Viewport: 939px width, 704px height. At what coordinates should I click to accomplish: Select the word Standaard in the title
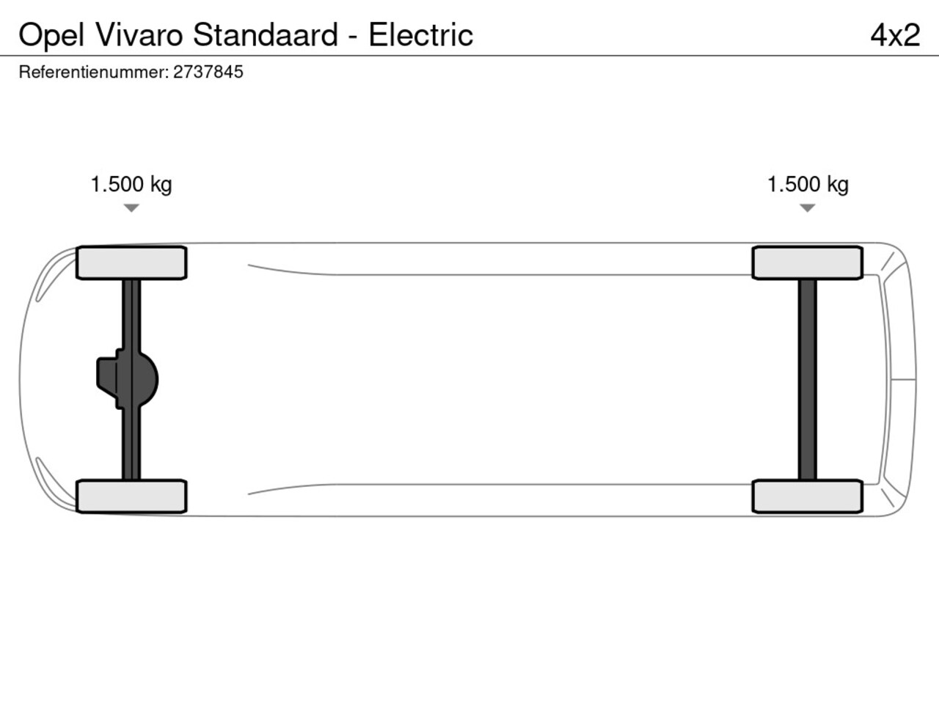[266, 35]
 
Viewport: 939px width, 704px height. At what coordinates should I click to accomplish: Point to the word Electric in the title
[420, 35]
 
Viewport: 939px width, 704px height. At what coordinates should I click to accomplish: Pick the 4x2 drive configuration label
[895, 35]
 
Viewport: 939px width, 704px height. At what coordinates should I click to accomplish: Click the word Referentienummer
[93, 72]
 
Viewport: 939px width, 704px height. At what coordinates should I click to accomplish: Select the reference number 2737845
[208, 72]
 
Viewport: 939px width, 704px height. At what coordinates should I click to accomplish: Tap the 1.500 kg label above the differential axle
[131, 184]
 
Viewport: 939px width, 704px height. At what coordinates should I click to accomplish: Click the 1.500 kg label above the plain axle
[808, 184]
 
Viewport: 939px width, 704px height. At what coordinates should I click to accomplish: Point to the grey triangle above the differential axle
[131, 208]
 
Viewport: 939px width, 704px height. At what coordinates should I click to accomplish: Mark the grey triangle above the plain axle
[808, 208]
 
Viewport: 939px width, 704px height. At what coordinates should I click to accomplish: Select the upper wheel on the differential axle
[131, 263]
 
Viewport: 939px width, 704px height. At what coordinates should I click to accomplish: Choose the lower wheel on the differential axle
[131, 496]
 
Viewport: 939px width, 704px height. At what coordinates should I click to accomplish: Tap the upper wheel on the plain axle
[808, 263]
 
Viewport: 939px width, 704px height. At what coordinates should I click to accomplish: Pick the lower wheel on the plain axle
[808, 496]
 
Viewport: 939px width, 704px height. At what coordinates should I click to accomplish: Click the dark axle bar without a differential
[808, 379]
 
